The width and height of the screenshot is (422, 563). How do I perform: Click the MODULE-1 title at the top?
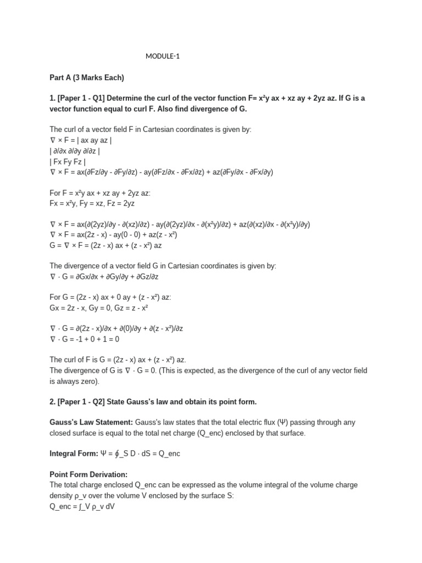click(x=163, y=56)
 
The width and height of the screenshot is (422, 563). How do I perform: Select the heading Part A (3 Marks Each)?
click(x=87, y=77)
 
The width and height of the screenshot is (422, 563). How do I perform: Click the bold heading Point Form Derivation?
click(x=88, y=474)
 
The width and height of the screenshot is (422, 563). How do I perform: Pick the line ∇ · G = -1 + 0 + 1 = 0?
click(x=85, y=339)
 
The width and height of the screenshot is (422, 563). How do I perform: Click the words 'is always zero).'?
click(x=75, y=381)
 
